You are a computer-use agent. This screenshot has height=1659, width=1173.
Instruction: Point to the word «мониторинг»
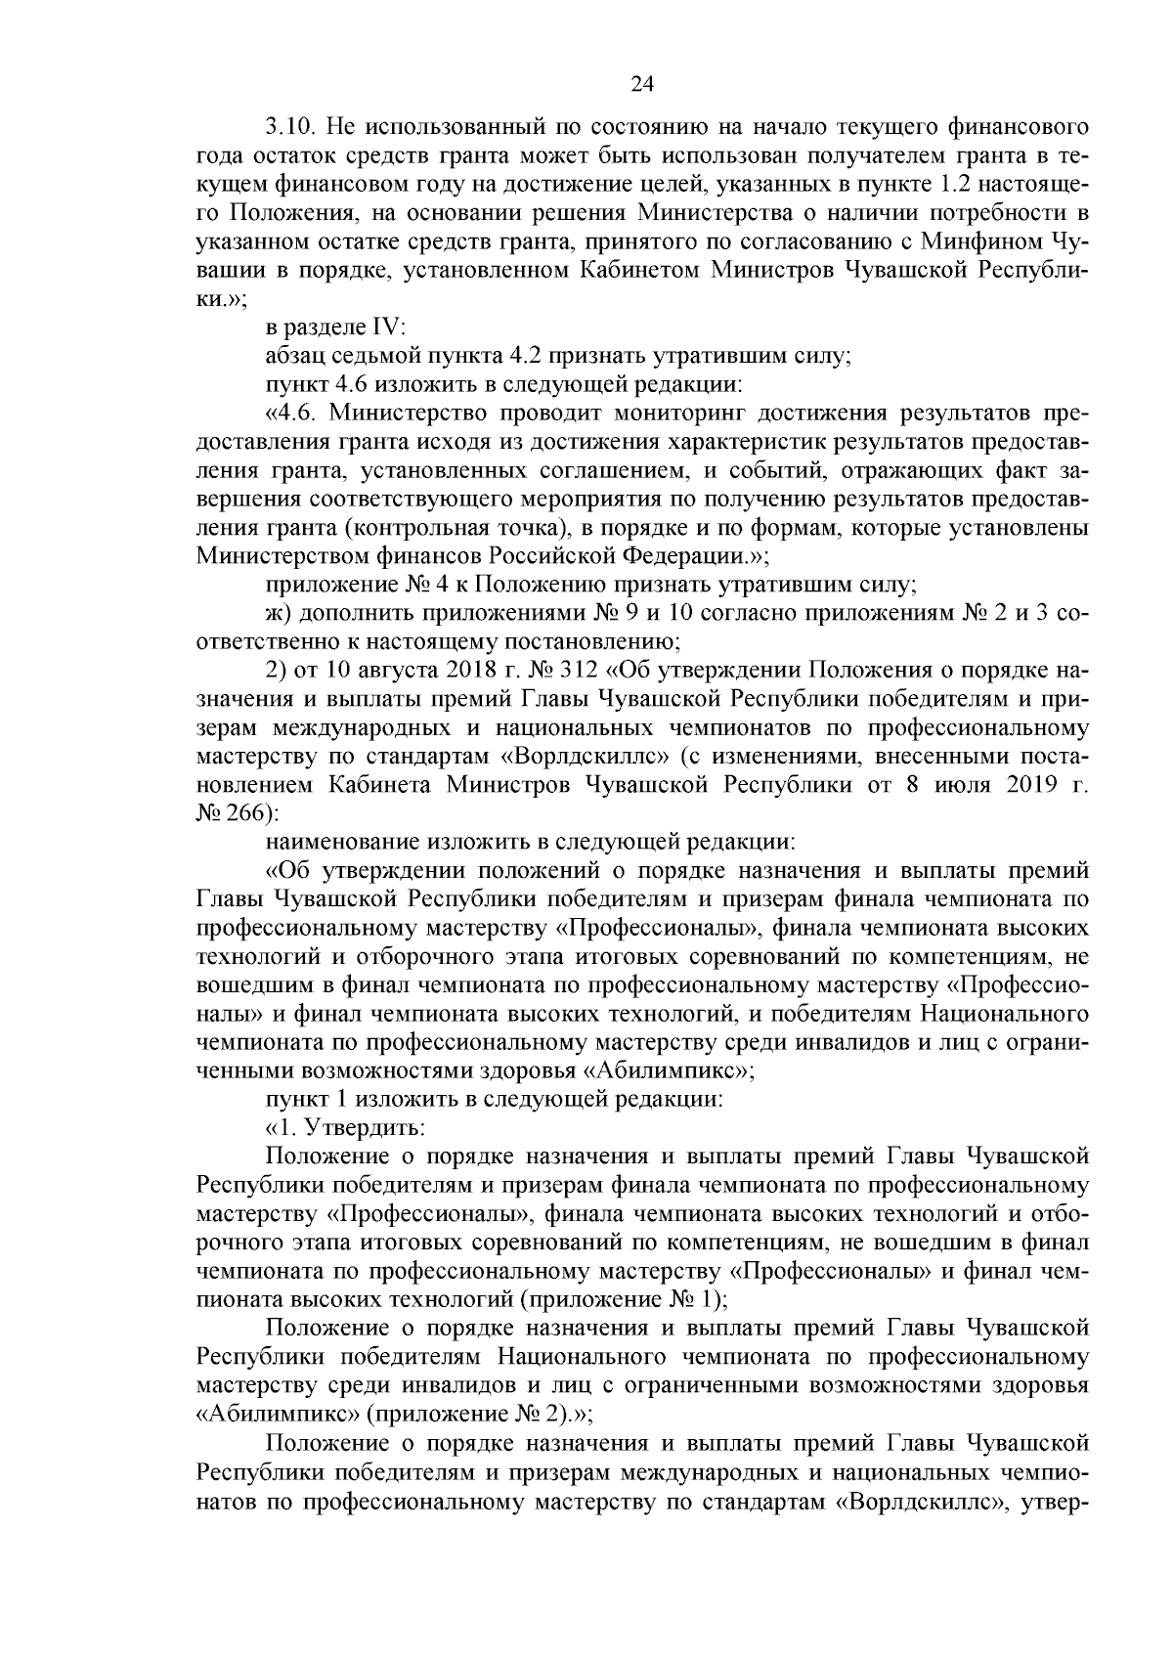coord(696,414)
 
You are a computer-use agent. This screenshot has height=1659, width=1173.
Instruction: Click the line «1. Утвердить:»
coord(345,1127)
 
